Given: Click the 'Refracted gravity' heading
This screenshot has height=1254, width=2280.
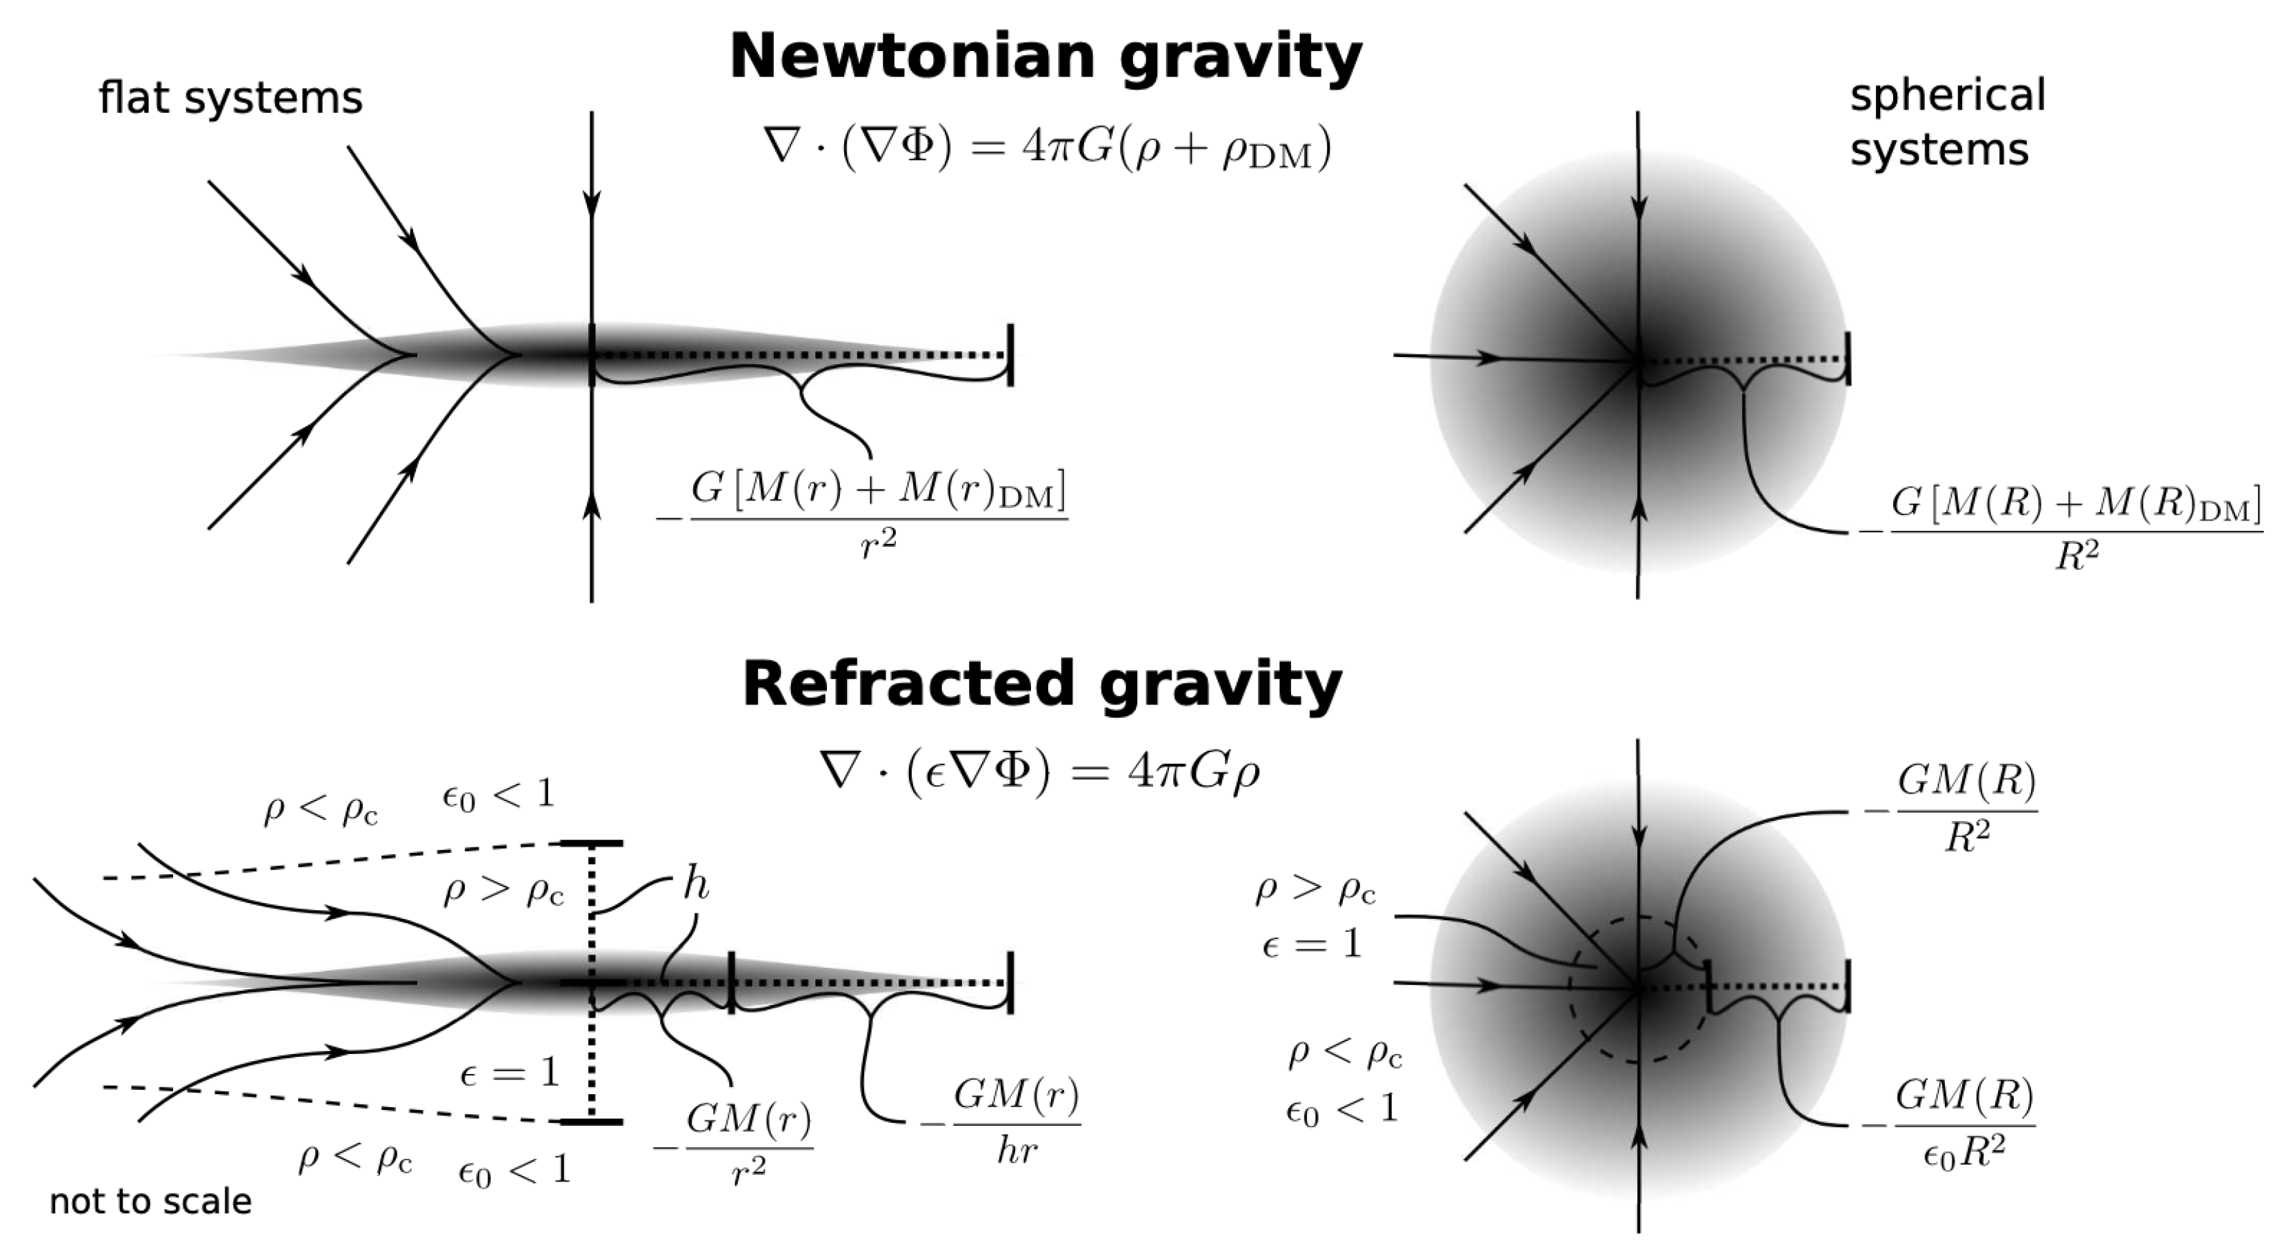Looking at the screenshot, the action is pyautogui.click(x=1042, y=684).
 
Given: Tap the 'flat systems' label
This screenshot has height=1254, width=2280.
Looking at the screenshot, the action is pyautogui.click(x=230, y=97).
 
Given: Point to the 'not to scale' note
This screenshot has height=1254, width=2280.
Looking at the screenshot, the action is pyautogui.click(x=150, y=1201).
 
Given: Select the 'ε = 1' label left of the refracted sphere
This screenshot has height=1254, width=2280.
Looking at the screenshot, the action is pyautogui.click(x=1312, y=945).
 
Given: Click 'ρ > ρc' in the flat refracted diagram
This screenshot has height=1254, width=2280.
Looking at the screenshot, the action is pyautogui.click(x=503, y=892).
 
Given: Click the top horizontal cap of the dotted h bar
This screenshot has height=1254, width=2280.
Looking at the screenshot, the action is pyautogui.click(x=591, y=843).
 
